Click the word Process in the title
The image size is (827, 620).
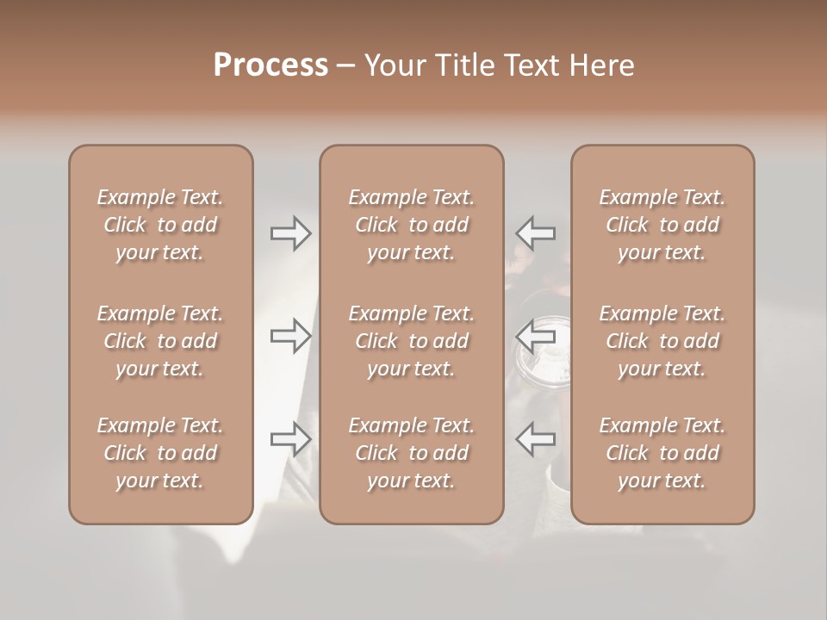click(270, 65)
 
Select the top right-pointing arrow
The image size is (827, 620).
click(291, 232)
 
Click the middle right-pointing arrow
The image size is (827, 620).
click(291, 335)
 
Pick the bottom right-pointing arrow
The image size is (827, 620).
click(291, 439)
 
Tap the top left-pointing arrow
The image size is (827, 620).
click(535, 232)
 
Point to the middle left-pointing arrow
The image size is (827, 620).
click(535, 335)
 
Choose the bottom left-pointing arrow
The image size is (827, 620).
click(535, 439)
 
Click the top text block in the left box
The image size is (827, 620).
click(160, 225)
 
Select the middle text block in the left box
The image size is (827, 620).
click(160, 341)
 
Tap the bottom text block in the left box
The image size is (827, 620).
click(160, 453)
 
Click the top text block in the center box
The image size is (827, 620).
click(412, 225)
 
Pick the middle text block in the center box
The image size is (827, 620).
click(412, 341)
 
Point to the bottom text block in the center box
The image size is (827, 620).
click(412, 453)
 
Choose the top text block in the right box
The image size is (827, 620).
click(662, 225)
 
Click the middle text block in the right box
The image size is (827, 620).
click(662, 341)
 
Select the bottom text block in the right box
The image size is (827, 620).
click(662, 453)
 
